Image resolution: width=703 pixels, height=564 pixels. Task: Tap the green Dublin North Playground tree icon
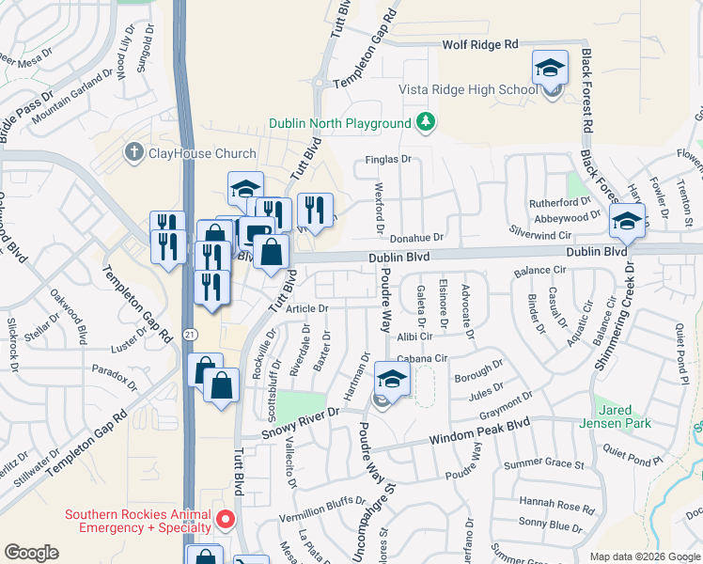point(426,123)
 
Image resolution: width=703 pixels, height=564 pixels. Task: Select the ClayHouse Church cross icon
point(135,152)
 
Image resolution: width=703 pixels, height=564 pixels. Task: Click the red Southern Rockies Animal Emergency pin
point(225,518)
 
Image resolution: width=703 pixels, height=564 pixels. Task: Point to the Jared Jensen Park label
point(625,417)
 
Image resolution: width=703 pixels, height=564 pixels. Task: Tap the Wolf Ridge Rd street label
point(480,44)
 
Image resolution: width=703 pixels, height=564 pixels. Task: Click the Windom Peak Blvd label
point(479,432)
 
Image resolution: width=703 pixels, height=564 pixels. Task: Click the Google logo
point(32,552)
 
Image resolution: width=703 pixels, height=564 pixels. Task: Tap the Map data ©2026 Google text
point(644,556)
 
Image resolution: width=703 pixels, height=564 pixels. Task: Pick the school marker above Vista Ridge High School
point(550,69)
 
